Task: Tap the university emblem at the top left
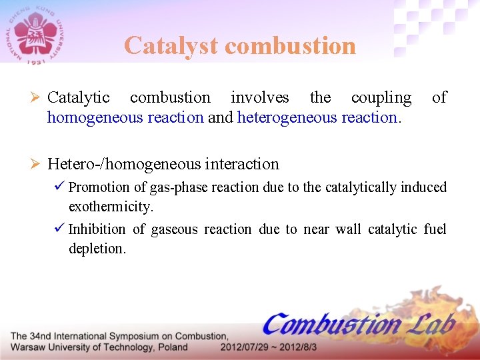tap(36, 33)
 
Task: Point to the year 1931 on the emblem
tap(36, 61)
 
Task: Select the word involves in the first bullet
tap(259, 97)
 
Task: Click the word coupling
tap(381, 97)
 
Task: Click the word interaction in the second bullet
tap(242, 163)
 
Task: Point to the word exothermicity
tap(111, 207)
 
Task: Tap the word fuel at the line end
tap(435, 229)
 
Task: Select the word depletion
tap(97, 249)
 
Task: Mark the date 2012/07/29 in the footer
tap(246, 347)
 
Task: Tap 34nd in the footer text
tap(44, 336)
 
